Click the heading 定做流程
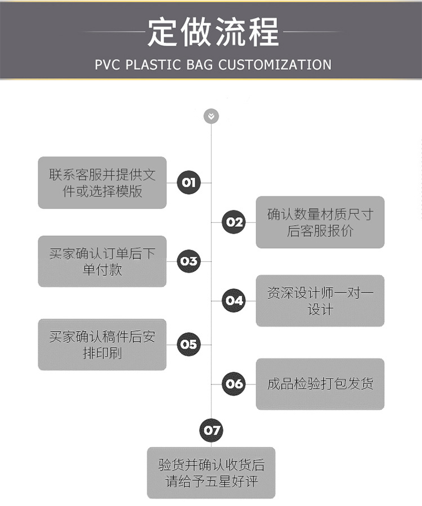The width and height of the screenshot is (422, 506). point(213,32)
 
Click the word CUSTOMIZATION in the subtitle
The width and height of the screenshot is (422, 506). point(275,64)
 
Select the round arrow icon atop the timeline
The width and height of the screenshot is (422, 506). point(211,117)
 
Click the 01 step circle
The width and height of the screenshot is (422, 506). point(188,182)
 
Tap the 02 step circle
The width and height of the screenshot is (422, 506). point(234,222)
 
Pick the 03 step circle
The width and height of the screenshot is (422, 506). point(188,261)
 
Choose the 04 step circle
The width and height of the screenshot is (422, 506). point(234,300)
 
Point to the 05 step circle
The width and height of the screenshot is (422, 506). point(188,344)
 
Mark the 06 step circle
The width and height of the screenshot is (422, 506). point(234,384)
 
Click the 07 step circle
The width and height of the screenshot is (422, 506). point(211,431)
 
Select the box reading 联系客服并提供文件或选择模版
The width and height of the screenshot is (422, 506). point(102,183)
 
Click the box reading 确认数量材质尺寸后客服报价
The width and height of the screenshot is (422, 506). point(320,222)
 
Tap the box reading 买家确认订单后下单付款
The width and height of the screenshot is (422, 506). point(102,261)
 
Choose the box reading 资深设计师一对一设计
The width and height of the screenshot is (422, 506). point(320,301)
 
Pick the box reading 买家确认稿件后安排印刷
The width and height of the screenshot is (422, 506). point(102,344)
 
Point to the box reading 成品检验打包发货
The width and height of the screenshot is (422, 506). point(320,384)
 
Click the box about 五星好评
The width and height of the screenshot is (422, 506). point(211,473)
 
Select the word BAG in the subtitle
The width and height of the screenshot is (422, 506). point(200,64)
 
